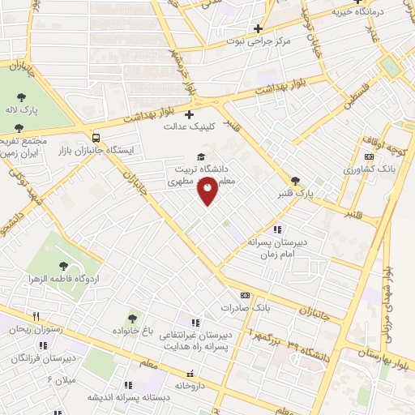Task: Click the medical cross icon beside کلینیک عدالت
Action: pos(190,114)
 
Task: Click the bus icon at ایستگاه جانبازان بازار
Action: pos(96,137)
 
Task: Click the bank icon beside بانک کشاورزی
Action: pos(370,157)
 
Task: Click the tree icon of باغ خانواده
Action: pos(133,319)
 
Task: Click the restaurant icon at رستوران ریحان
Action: pos(35,315)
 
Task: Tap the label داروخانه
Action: pos(190,387)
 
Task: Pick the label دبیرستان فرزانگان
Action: pos(49,357)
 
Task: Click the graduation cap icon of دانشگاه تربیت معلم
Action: pos(200,157)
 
